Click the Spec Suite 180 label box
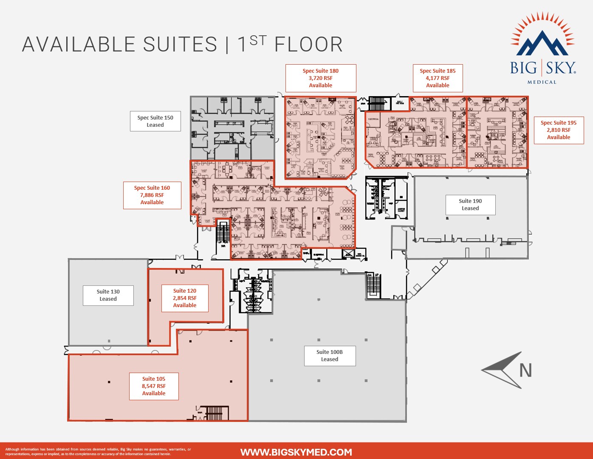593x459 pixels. point(321,78)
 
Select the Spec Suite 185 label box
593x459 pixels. point(438,78)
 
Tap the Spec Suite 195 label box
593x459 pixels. point(559,130)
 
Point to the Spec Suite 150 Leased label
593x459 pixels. point(155,121)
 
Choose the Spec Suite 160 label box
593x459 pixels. point(152,195)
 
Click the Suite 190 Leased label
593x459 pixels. point(470,205)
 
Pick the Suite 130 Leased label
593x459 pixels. point(108,295)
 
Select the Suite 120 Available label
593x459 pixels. point(185,298)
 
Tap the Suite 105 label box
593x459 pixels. point(154,386)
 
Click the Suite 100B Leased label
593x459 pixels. point(330,356)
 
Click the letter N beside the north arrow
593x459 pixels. point(525,371)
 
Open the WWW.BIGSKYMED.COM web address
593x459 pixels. point(296,452)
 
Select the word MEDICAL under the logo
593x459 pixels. point(542,82)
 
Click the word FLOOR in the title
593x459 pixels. point(308,45)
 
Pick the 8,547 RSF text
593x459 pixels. point(154,386)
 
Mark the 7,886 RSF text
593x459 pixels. point(152,195)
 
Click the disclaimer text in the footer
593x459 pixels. point(98,452)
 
